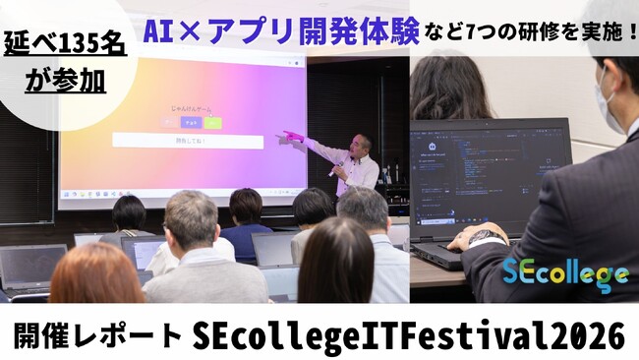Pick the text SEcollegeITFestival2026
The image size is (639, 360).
click(408, 334)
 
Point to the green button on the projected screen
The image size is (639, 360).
click(213, 124)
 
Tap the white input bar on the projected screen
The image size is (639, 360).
click(187, 142)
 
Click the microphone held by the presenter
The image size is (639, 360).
click(338, 168)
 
